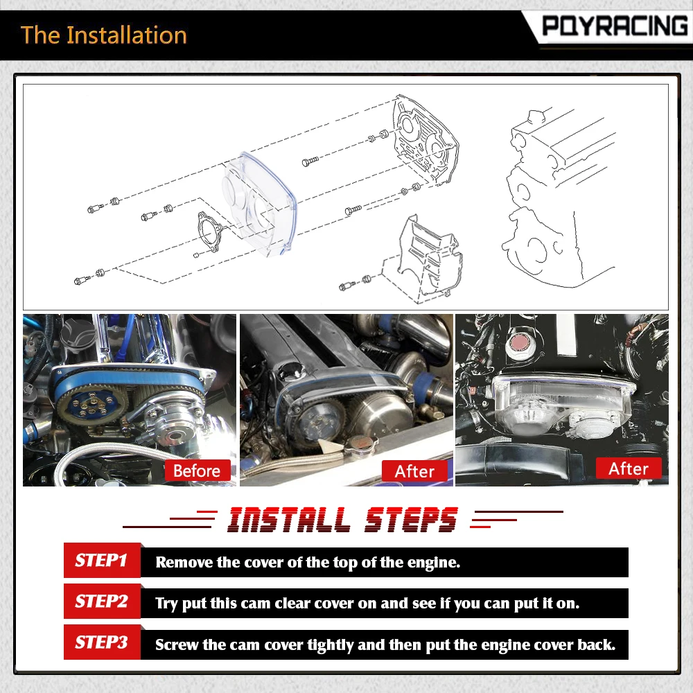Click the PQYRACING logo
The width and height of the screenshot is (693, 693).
(x=615, y=26)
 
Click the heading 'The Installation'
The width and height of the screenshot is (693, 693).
(x=104, y=35)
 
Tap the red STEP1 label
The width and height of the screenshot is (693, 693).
(x=102, y=561)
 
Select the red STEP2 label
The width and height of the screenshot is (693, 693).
(x=102, y=602)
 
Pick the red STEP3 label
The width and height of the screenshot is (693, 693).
(x=102, y=642)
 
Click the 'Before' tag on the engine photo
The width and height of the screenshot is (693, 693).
(x=197, y=471)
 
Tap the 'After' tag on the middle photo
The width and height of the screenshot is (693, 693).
(x=414, y=471)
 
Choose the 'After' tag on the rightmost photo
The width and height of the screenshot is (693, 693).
(x=629, y=468)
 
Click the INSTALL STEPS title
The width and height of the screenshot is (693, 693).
(x=343, y=519)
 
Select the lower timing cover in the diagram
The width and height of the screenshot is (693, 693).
(x=430, y=256)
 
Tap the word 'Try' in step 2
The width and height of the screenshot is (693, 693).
(x=166, y=604)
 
